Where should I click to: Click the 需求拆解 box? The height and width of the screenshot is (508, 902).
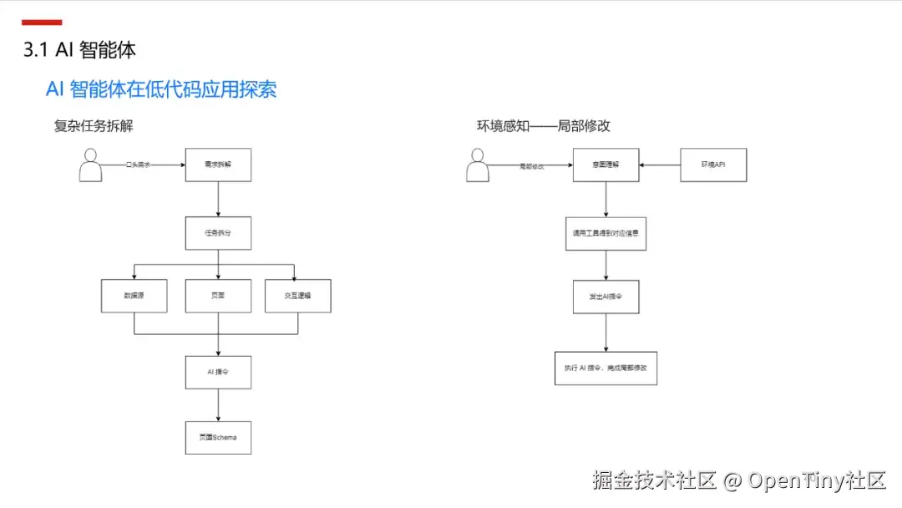tap(218, 165)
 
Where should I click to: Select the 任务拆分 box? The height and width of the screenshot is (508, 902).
tap(218, 233)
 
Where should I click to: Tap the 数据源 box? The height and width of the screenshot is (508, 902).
tap(134, 295)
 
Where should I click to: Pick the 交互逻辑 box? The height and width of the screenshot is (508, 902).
tap(298, 295)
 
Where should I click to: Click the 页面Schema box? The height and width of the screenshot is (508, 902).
tap(218, 437)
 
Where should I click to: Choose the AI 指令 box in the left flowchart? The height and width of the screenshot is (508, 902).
tap(218, 372)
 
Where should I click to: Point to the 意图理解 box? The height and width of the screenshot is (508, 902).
tap(606, 165)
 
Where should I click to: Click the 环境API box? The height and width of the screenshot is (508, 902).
tap(713, 165)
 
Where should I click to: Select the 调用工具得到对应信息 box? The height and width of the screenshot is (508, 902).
tap(606, 234)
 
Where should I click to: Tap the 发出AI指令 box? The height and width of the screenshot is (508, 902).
tap(606, 297)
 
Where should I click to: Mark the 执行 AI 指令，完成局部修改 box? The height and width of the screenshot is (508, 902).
tap(606, 368)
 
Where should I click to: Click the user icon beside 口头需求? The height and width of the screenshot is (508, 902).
tap(90, 165)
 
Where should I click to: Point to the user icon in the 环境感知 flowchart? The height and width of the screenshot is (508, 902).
tap(478, 165)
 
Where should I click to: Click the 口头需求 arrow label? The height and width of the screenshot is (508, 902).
tap(138, 165)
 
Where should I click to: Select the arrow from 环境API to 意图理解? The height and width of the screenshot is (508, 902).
tap(660, 165)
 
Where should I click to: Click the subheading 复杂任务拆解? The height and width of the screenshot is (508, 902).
tap(94, 126)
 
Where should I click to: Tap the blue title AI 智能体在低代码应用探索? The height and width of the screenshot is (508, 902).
tap(161, 89)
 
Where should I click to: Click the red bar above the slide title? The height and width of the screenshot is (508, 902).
tap(42, 23)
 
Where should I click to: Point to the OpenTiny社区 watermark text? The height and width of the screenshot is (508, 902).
tap(816, 480)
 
